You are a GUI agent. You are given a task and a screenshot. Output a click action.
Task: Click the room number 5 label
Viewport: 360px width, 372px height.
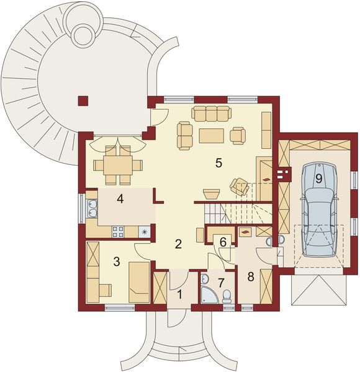(218, 162)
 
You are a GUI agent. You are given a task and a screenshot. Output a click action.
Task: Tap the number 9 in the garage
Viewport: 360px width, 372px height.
(318, 179)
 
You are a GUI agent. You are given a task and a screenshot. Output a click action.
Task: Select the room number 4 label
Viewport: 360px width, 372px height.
(120, 199)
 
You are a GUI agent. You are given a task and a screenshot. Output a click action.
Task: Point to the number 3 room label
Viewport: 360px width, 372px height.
(117, 262)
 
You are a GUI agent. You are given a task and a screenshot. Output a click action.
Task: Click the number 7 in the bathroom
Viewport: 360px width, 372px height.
(221, 283)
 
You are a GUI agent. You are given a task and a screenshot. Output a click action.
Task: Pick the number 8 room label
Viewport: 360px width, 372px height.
(251, 277)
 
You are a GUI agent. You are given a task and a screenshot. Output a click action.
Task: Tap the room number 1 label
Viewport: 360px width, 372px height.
(180, 295)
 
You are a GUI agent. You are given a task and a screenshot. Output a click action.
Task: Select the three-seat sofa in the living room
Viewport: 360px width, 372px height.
(212, 113)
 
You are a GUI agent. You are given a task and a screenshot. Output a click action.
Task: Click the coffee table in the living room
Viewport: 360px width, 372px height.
(212, 136)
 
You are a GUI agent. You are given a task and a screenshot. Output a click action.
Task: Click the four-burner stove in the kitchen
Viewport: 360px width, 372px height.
(118, 232)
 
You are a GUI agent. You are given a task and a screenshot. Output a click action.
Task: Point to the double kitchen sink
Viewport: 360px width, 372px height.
(92, 209)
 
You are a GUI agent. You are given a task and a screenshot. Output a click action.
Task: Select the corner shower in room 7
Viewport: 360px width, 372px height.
(209, 295)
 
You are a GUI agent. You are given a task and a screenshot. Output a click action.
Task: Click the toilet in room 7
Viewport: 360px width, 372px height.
(227, 296)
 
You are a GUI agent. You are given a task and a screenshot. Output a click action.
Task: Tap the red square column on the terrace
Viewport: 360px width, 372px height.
(83, 101)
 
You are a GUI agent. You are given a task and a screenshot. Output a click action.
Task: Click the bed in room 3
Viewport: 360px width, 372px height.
(139, 282)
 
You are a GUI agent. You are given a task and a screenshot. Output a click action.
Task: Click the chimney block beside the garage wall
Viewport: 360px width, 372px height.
(283, 174)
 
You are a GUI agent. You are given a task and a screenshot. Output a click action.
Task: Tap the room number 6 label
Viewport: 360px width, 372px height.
(223, 242)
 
